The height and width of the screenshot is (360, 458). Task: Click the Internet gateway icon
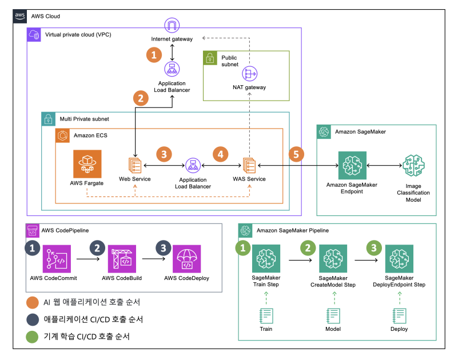coord(172,25)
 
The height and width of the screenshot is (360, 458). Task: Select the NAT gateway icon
coord(249,74)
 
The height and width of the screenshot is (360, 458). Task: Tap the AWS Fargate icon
coord(87,164)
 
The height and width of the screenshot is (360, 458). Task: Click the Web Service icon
coord(135,165)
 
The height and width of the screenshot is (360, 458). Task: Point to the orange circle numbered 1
coord(154,54)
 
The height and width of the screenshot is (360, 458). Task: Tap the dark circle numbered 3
coord(164,248)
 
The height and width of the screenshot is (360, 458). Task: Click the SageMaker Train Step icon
coord(266,259)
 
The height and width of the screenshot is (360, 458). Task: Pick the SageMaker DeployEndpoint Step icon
coord(399,259)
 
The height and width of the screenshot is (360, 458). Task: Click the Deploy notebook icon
coord(399,316)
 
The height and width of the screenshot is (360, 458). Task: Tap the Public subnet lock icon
coord(210,58)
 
